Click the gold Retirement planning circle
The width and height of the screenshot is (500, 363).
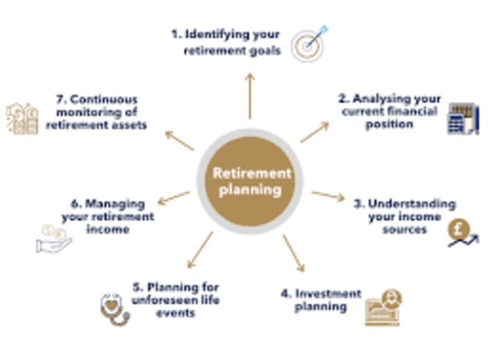tap(251, 181)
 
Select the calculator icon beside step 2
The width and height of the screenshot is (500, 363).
tap(462, 119)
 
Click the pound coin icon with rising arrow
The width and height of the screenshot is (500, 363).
tap(462, 233)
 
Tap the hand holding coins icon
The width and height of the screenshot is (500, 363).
tap(53, 238)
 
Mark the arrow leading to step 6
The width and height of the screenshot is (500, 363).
tap(174, 198)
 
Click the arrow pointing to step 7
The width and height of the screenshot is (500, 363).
tap(179, 140)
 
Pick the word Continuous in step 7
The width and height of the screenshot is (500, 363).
tap(103, 100)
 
